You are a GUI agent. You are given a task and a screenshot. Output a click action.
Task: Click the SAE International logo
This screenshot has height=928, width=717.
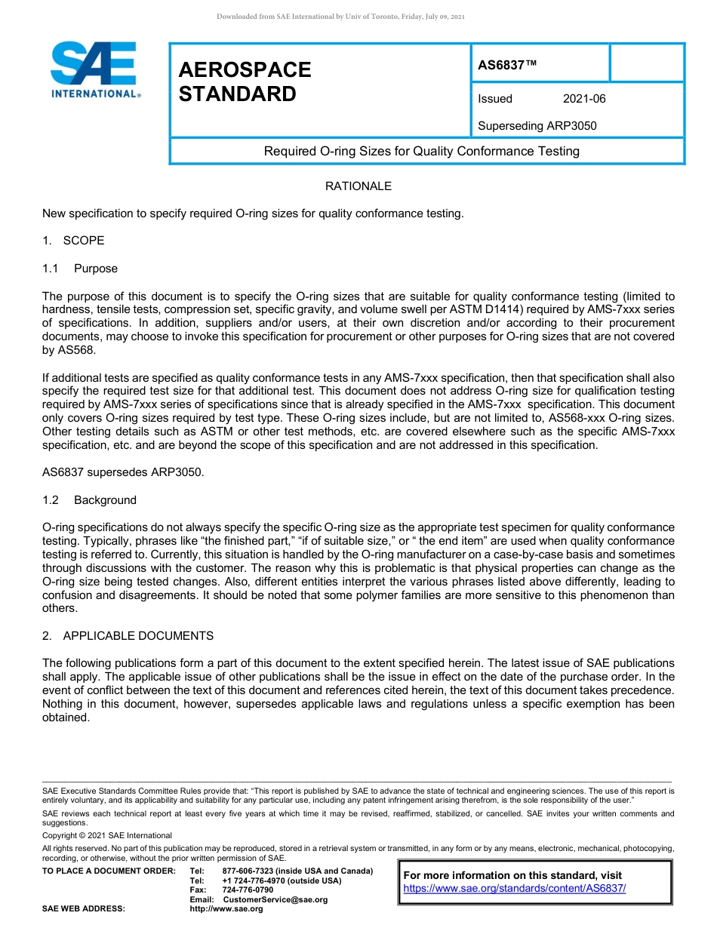(94, 70)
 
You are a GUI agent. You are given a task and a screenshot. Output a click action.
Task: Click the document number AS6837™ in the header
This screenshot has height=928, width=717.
(507, 65)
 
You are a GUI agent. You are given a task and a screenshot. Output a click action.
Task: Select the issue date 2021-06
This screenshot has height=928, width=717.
(583, 99)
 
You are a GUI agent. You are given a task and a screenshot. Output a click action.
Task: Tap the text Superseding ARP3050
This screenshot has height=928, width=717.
(537, 125)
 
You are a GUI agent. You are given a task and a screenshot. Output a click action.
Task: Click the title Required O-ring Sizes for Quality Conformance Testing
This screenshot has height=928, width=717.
(421, 151)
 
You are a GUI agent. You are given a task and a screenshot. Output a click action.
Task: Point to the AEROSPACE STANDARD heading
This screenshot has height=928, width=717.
(245, 81)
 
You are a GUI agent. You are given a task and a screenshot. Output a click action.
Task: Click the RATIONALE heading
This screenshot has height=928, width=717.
(358, 186)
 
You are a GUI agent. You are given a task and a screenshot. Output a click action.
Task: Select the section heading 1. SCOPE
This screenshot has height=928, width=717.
(73, 241)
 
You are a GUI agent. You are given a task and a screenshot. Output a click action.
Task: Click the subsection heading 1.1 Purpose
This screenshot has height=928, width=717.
(80, 269)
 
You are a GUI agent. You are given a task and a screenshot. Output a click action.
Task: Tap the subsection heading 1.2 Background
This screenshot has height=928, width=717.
(90, 500)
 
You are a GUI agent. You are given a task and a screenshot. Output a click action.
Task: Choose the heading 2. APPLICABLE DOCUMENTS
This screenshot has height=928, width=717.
(128, 636)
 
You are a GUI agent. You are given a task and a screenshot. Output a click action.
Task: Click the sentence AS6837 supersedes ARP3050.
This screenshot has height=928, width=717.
(123, 472)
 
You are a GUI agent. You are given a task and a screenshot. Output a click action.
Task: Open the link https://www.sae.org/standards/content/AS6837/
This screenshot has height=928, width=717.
(515, 888)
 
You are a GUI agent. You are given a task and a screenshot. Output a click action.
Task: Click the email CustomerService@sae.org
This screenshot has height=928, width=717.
(275, 899)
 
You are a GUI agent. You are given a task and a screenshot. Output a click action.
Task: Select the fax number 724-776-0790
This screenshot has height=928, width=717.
(248, 890)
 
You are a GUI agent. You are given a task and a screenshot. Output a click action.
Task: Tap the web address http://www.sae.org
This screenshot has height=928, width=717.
(226, 908)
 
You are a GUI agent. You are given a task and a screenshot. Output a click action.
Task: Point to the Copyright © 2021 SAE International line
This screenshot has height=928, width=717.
(107, 835)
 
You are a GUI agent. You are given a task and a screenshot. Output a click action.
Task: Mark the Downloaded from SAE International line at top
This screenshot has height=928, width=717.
(340, 16)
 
